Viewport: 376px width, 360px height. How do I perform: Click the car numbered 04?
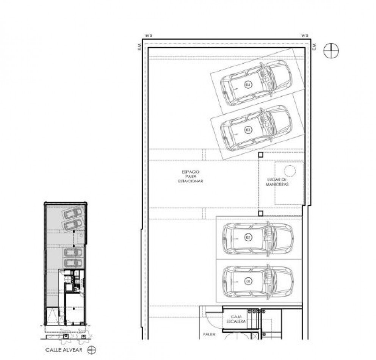[256, 83]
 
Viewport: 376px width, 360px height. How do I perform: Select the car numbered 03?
[256, 128]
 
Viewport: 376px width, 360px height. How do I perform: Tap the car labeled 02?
[258, 238]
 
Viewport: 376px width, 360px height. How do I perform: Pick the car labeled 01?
[258, 282]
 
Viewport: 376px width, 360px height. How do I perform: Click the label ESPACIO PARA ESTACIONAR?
[191, 177]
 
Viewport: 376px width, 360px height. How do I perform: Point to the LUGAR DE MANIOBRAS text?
[277, 182]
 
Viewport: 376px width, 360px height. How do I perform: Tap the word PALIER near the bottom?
[209, 335]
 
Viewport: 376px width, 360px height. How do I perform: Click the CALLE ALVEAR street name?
[64, 350]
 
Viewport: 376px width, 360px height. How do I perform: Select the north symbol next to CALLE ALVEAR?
[91, 350]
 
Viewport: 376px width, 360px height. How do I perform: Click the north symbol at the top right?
[331, 50]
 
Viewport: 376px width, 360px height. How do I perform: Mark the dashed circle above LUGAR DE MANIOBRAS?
[290, 171]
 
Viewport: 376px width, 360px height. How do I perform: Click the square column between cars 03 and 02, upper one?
[261, 155]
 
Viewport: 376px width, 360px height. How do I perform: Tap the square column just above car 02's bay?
[261, 213]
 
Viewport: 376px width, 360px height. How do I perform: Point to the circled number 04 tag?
[248, 85]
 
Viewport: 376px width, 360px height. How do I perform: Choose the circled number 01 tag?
[249, 282]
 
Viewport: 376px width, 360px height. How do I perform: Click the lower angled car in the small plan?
[73, 225]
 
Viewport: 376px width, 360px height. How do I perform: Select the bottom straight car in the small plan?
[73, 263]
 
